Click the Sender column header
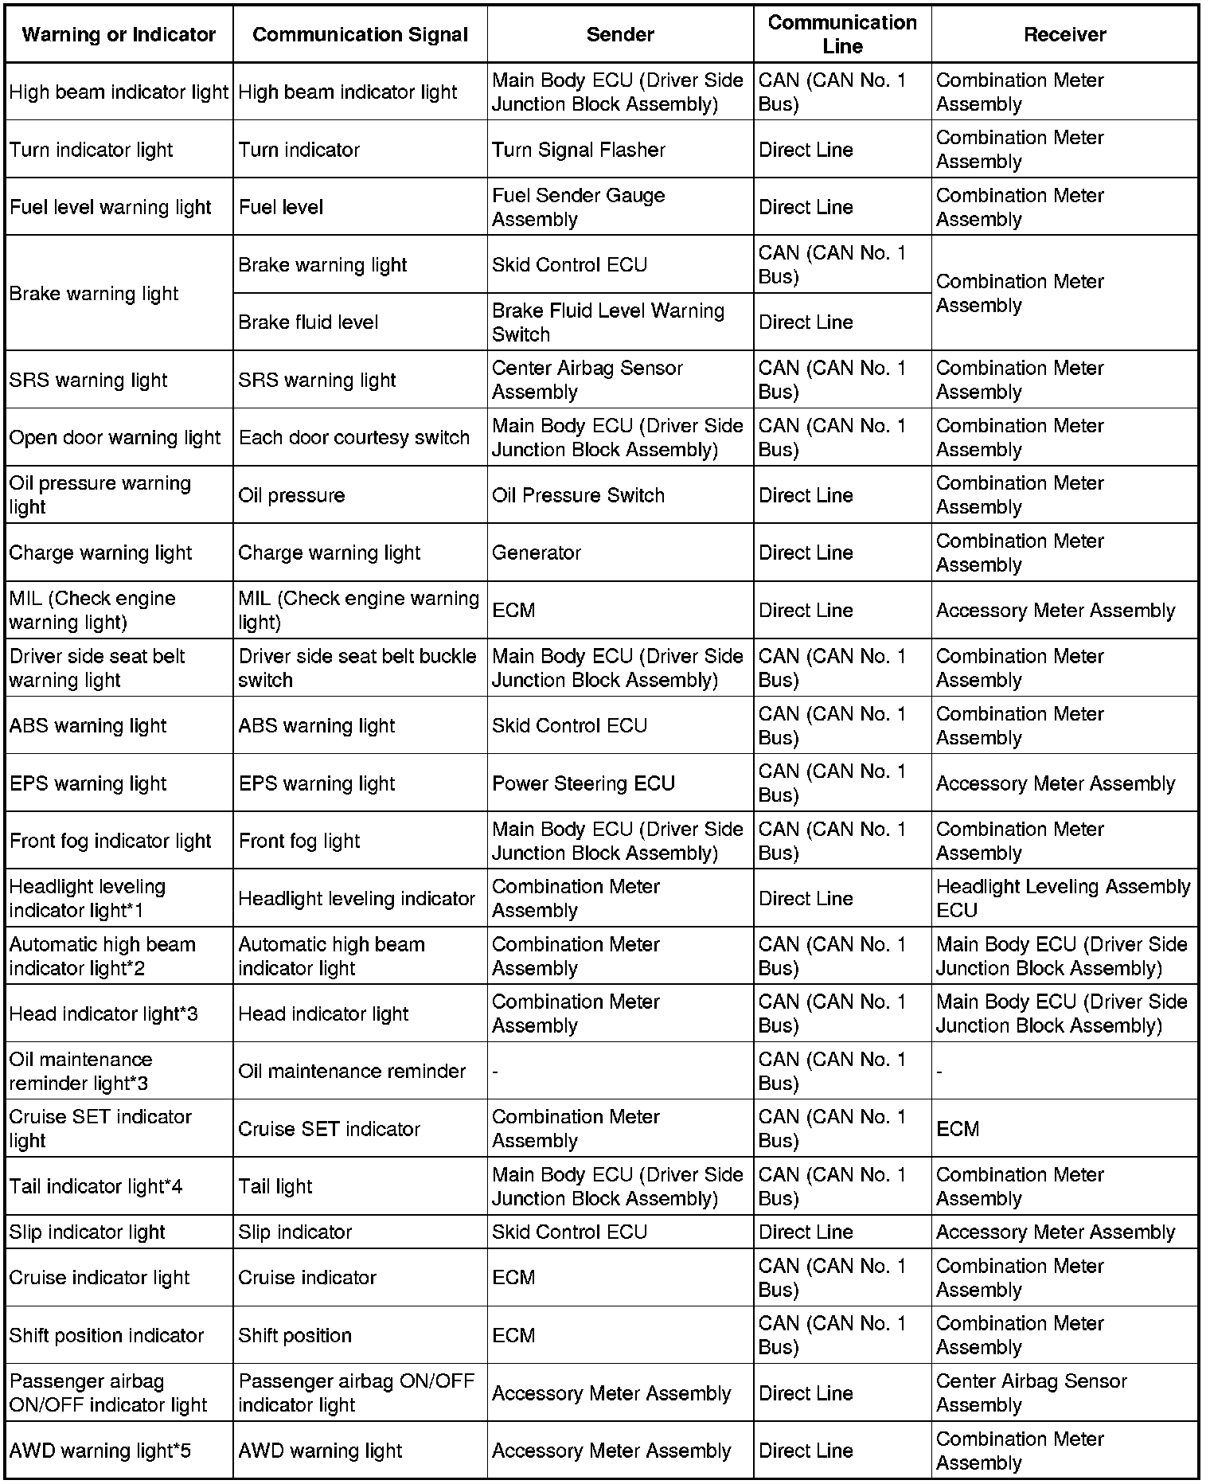point(619,34)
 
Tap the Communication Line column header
point(841,34)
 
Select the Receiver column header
point(1064,34)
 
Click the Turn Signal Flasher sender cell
point(579,150)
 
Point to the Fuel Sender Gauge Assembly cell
point(579,207)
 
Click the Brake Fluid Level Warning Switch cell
point(608,322)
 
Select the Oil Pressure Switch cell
point(578,495)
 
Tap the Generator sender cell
point(537,553)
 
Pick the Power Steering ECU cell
point(584,783)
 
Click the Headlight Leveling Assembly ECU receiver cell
point(1063,898)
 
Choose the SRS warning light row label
point(88,380)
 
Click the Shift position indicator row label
point(107,1335)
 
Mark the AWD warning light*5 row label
point(100,1451)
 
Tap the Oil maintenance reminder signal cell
point(352,1071)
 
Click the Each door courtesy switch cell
point(354,437)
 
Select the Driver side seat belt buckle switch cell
point(357,668)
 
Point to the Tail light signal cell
point(275,1186)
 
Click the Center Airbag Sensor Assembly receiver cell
point(1032,1392)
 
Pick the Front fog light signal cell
point(299,841)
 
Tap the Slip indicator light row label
point(88,1232)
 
